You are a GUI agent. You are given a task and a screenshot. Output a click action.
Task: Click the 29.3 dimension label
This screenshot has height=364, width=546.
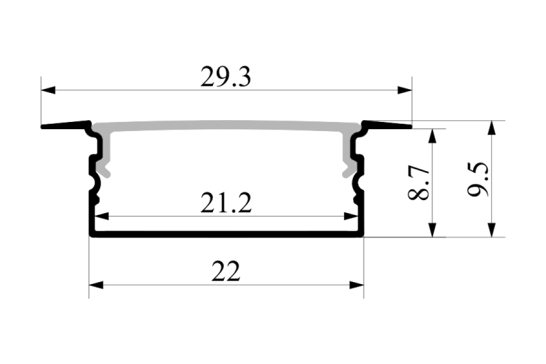(225, 77)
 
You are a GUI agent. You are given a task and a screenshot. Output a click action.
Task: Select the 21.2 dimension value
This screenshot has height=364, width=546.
(226, 203)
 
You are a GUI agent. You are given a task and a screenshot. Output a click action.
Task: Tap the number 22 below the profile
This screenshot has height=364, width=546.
(226, 271)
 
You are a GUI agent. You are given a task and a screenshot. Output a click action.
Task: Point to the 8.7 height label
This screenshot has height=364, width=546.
(419, 183)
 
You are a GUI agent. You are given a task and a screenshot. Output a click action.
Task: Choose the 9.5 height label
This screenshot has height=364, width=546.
(478, 180)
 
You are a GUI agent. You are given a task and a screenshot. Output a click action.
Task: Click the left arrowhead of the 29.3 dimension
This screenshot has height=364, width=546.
(48, 90)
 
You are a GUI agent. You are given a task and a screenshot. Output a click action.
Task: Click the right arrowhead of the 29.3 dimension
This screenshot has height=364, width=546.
(405, 90)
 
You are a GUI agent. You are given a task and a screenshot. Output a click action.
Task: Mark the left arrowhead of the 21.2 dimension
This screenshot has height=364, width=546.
(102, 217)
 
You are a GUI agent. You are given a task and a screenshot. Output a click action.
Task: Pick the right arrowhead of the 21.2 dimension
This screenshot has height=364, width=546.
(351, 217)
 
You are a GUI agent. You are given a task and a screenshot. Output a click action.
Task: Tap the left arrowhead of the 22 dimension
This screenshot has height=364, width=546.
(96, 285)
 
